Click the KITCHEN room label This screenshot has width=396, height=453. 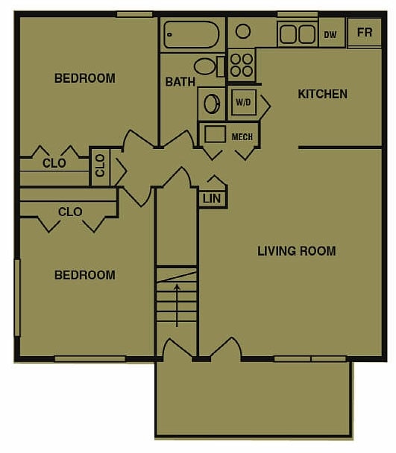[x=322, y=94]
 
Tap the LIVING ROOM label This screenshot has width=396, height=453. [x=296, y=251]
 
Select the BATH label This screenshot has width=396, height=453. [x=180, y=82]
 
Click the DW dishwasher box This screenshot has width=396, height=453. [x=331, y=34]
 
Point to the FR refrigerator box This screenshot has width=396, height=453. [x=365, y=33]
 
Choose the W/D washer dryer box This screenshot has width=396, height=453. [x=243, y=101]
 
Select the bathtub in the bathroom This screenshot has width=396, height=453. [x=192, y=34]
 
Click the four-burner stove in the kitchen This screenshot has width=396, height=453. [x=241, y=65]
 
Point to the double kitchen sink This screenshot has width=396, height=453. [x=297, y=34]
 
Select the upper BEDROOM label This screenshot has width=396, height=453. [x=84, y=78]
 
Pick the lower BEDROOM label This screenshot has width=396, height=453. [x=84, y=275]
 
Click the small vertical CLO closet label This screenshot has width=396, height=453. [x=100, y=166]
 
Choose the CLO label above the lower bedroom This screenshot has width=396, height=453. [x=70, y=212]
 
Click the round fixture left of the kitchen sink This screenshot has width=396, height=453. [x=243, y=32]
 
